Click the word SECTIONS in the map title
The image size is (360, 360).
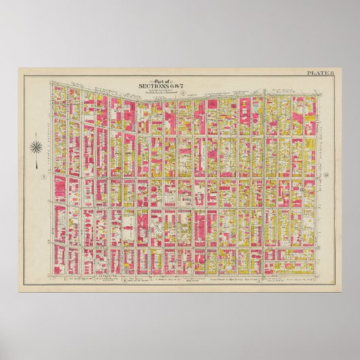coord(151,86)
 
